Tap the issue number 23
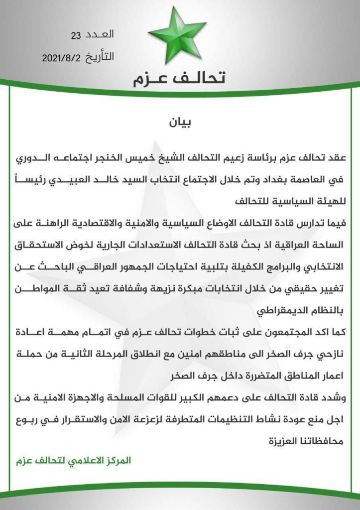click(x=76, y=35)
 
